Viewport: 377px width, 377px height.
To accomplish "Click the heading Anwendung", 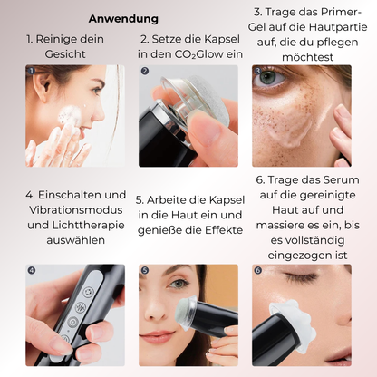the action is click(123, 19).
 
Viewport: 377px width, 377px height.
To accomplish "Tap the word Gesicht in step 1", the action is click(65, 54).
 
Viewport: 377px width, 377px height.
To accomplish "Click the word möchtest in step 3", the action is click(307, 57).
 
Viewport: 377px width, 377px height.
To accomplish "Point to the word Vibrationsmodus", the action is click(76, 210).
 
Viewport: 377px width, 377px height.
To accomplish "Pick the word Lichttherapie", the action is click(88, 226).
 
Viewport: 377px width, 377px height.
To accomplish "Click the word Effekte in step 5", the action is click(224, 230).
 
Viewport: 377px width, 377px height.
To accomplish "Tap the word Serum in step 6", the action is click(343, 180).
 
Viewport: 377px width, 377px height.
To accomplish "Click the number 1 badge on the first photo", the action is click(32, 71).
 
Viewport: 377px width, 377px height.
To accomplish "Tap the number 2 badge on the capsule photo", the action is click(145, 71).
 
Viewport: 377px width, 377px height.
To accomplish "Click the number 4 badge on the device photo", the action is click(32, 270).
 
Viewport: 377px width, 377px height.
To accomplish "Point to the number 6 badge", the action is click(257, 270).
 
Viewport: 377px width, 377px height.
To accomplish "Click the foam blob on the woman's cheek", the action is click(70, 115).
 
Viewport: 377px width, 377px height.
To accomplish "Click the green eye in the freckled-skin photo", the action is click(267, 76).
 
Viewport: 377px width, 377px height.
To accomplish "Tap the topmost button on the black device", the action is click(89, 292).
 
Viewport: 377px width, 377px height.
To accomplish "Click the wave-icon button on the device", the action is click(81, 307).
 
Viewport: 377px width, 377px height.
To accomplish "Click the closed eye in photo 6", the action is click(301, 275).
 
